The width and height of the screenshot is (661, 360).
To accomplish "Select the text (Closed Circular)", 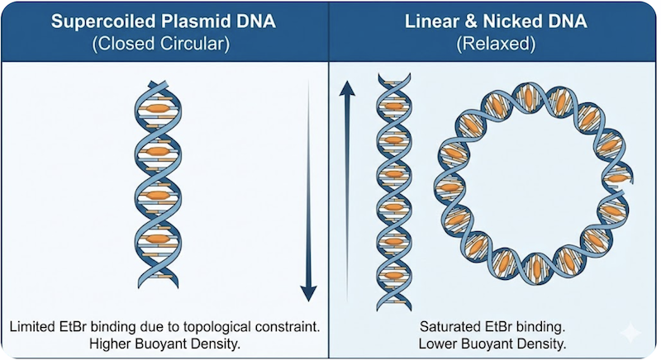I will point(165,45).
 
